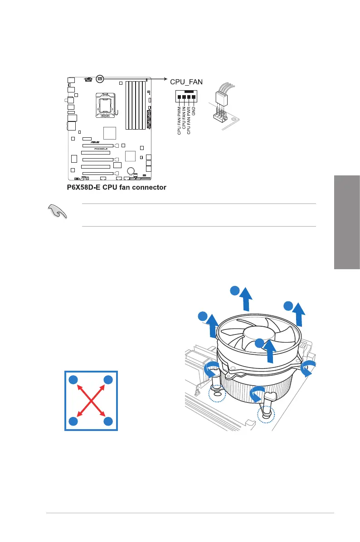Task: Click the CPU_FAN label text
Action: click(x=186, y=82)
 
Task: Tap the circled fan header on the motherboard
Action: click(x=100, y=78)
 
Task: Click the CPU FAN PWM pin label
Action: click(x=179, y=120)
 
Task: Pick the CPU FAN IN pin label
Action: click(x=184, y=119)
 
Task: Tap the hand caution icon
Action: click(x=57, y=212)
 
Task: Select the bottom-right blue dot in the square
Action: click(x=107, y=421)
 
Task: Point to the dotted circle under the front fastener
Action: click(x=266, y=414)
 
